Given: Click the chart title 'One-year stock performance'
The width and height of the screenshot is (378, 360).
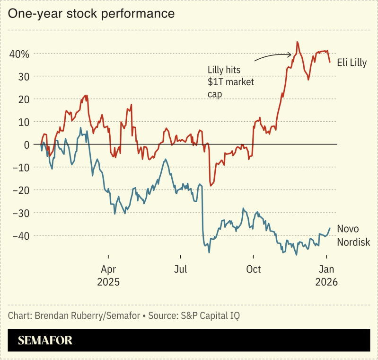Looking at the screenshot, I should [91, 14].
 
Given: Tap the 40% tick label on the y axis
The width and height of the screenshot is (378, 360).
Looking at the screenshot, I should [19, 54].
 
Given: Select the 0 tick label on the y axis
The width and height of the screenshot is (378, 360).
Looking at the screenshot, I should [26, 144].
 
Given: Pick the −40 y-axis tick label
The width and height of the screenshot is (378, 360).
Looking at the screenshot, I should [21, 235].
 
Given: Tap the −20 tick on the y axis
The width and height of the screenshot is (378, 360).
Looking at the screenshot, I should [21, 190].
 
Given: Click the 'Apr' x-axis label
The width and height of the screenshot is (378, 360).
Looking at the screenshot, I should [108, 270].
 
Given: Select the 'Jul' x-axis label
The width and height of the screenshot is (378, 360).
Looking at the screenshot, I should [180, 270].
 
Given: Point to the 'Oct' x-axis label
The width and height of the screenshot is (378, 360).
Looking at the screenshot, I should [253, 270].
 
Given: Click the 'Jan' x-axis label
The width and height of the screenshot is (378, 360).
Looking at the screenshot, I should [326, 270].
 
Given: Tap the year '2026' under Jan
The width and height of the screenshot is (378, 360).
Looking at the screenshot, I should [326, 282].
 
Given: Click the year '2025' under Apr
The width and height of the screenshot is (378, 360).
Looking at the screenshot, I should [108, 282].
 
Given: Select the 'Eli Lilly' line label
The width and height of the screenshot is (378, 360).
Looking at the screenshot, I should [352, 63].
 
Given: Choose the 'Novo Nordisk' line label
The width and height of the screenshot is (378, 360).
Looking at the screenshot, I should [353, 236].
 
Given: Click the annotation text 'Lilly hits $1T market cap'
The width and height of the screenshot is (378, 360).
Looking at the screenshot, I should [231, 82].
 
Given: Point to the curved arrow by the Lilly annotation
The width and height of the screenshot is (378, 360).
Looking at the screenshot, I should [272, 56].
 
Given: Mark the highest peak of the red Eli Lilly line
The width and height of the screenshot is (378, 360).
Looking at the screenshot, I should [297, 42].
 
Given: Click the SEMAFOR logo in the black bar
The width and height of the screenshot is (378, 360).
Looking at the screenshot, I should [45, 341].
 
